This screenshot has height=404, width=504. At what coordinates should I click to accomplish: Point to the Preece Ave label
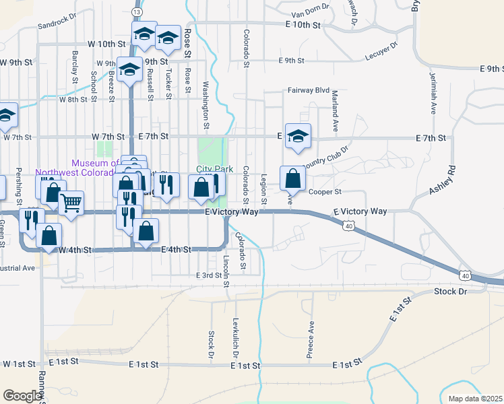pos(311,342)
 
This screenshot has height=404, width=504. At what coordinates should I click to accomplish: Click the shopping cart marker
pos(71,201)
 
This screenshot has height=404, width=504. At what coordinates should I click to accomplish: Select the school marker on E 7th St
pos(297,137)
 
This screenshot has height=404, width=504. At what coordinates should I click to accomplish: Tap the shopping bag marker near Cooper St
pos(292,178)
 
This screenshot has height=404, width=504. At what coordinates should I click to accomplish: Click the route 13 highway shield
pos(137,12)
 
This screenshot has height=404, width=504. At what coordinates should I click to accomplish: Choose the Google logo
pos(22,396)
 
